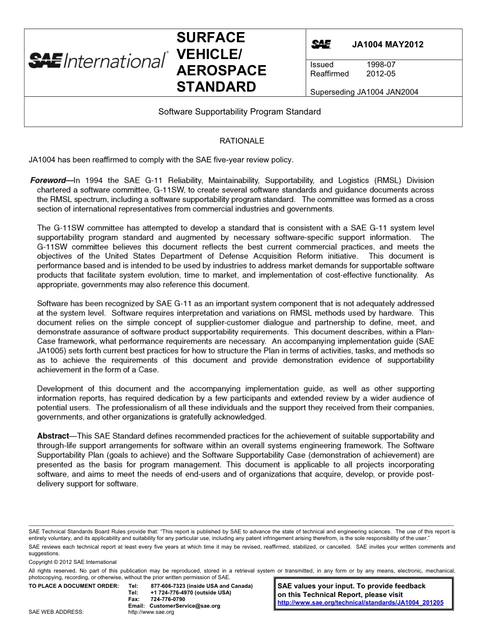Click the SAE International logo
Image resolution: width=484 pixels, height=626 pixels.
point(97,61)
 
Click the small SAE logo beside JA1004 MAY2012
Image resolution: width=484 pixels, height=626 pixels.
point(321,45)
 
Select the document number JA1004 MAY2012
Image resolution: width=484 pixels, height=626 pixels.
point(387,45)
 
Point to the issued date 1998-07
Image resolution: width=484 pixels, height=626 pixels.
point(381,65)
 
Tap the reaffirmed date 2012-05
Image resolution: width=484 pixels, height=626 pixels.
point(381,74)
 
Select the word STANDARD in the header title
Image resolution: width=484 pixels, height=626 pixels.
point(216,87)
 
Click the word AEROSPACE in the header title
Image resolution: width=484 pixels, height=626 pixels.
point(221,70)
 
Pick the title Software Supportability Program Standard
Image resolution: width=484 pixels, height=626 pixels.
point(239,111)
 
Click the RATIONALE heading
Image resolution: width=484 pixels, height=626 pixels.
point(241,140)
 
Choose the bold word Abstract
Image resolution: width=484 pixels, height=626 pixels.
point(52,436)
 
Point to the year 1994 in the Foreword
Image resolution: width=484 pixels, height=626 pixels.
point(96,180)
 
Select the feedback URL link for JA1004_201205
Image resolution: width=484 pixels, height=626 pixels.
point(360,602)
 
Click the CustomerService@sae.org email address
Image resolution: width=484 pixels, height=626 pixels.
point(185,606)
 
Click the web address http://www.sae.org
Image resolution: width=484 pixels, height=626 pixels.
point(151,612)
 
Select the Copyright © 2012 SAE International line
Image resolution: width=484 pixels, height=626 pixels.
point(72,562)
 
